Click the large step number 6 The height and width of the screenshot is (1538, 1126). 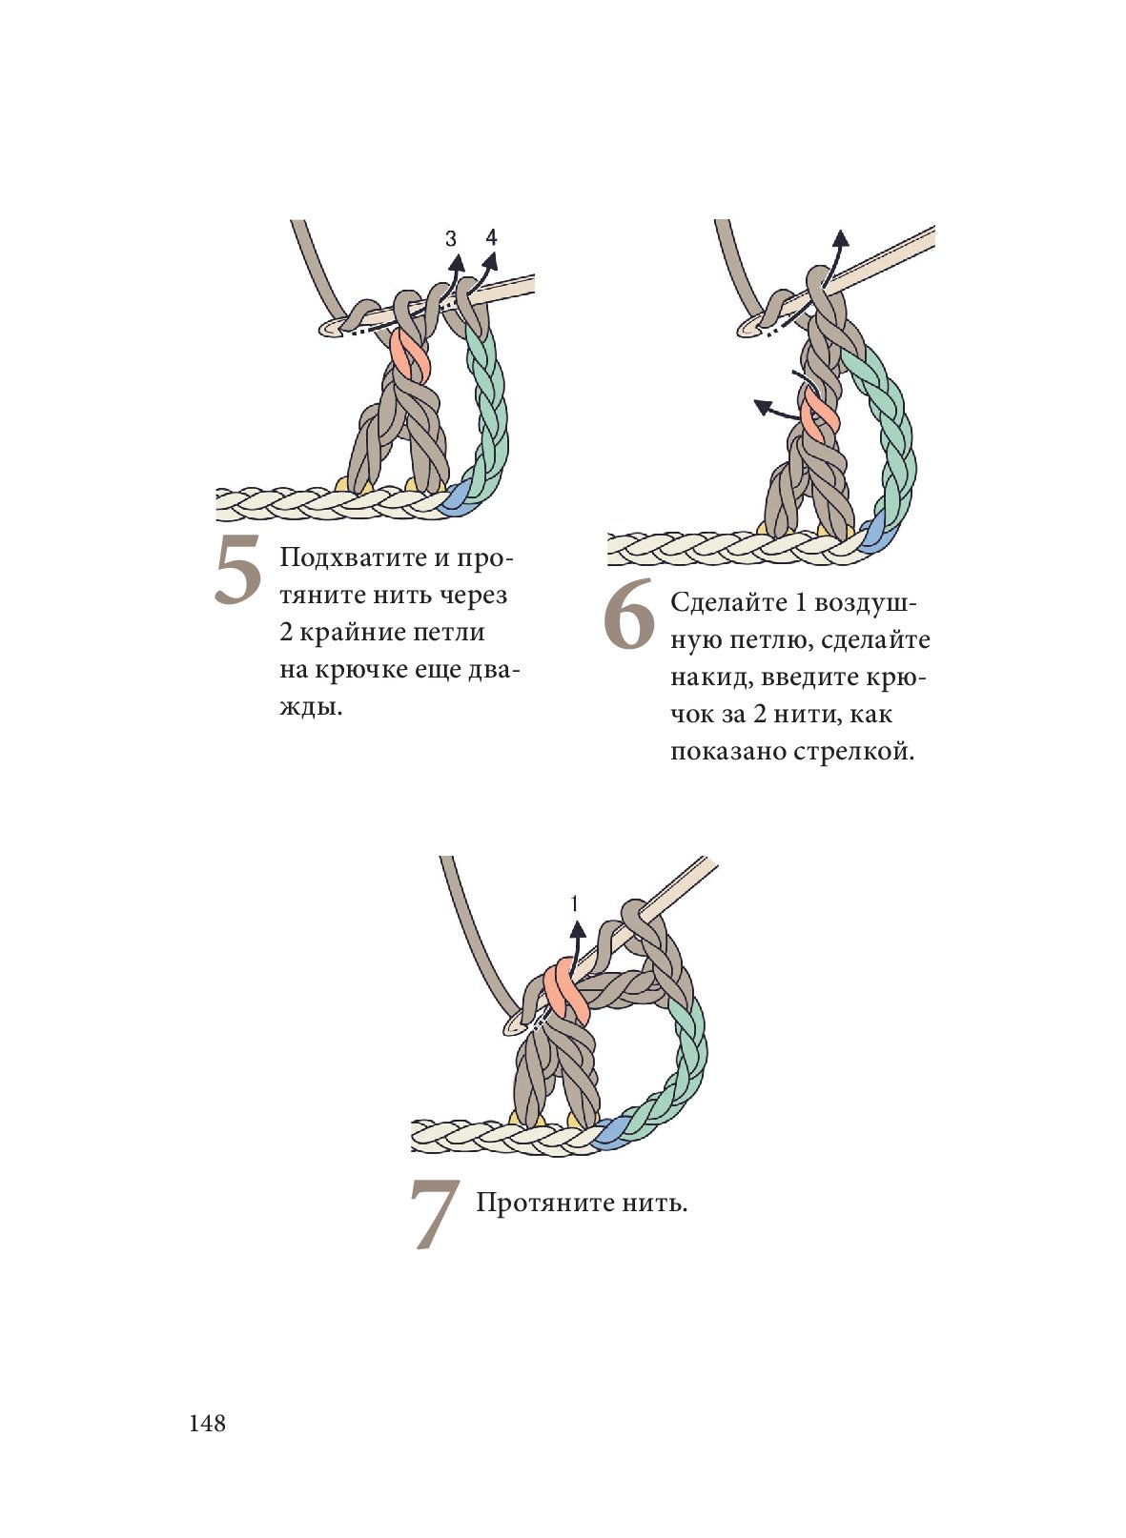tap(629, 615)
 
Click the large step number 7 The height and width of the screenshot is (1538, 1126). tap(435, 1213)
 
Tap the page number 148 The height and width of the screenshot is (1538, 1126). tap(208, 1423)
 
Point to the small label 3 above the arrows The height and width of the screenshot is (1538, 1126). tap(451, 239)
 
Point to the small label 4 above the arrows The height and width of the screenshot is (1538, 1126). tap(491, 237)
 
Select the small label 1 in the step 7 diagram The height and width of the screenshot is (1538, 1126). tap(575, 903)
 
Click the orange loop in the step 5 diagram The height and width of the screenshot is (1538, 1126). tap(410, 357)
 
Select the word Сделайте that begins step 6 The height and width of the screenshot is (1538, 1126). tap(729, 602)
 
